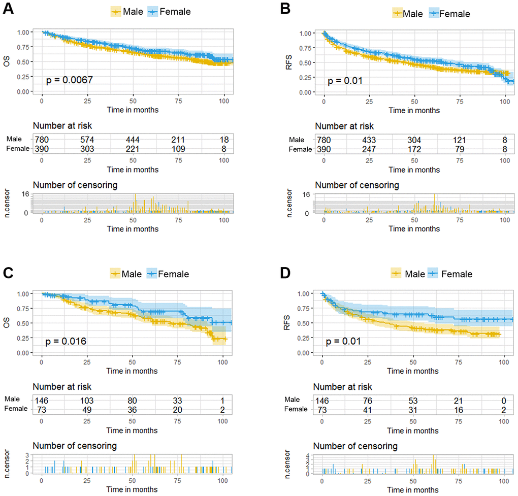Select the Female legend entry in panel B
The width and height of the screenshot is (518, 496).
pyautogui.click(x=450, y=13)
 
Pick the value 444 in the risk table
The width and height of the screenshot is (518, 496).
pyautogui.click(x=133, y=140)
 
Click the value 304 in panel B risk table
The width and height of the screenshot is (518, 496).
pyautogui.click(x=415, y=140)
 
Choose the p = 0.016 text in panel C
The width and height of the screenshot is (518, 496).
pyautogui.click(x=67, y=341)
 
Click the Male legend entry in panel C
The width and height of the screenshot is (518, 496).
pyautogui.click(x=127, y=274)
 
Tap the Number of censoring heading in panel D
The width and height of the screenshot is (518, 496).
pyautogui.click(x=355, y=446)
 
